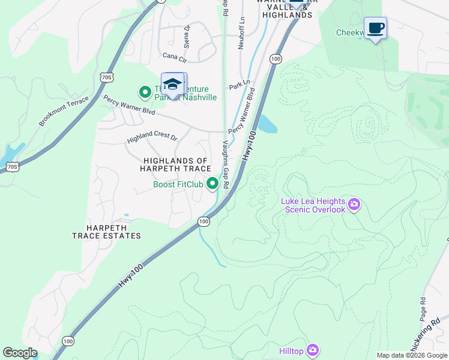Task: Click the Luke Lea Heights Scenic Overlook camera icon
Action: click(354, 206)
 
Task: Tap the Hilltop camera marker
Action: click(312, 350)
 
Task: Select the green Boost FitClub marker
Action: click(212, 184)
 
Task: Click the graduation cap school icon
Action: click(172, 85)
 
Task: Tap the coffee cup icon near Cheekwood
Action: click(375, 28)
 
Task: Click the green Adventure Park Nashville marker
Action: click(145, 92)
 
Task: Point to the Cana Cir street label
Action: click(175, 56)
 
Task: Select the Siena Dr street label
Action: click(187, 36)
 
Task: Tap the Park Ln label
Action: click(238, 86)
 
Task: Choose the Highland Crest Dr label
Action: click(152, 139)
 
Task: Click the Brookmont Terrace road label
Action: click(64, 110)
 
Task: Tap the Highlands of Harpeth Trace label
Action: click(175, 165)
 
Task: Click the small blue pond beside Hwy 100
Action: click(267, 125)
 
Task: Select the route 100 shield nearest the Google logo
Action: click(68, 341)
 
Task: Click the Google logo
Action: click(20, 353)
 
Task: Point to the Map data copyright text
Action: click(412, 355)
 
